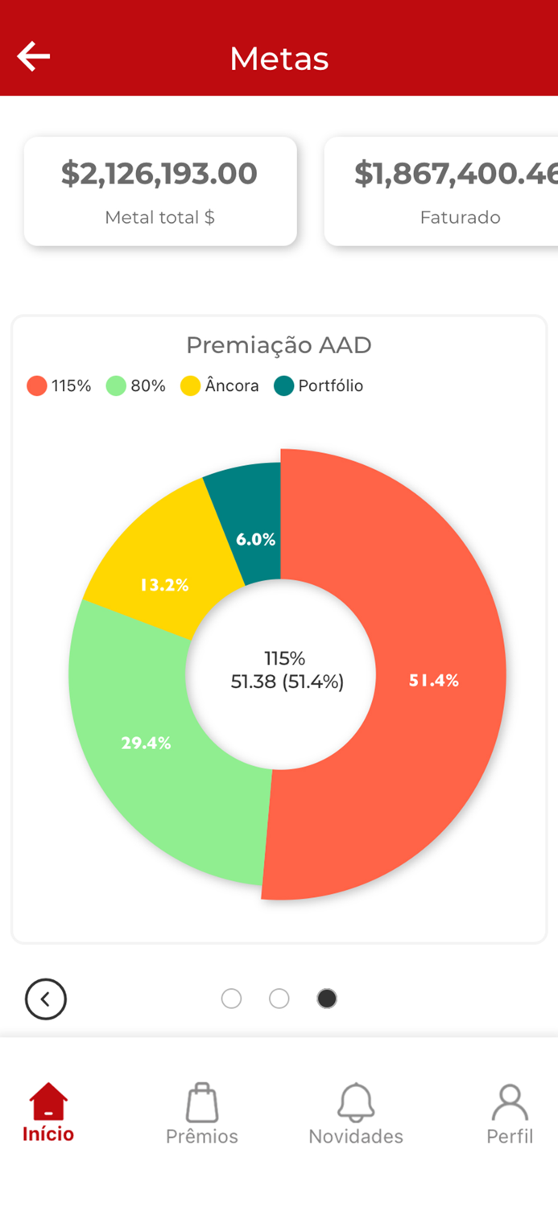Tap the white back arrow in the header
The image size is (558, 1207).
34,57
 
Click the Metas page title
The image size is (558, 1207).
279,59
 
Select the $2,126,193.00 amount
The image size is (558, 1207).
159,174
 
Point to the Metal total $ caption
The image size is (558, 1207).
159,217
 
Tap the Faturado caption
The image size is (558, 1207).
460,217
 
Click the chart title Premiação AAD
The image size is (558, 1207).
279,345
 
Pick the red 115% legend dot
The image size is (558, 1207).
37,386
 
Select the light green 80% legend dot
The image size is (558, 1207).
117,386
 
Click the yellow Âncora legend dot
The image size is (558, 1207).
190,386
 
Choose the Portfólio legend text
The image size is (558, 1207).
330,386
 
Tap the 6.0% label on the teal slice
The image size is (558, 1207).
256,540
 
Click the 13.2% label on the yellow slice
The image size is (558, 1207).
164,586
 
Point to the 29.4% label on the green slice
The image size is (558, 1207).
146,744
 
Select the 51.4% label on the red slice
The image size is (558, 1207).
434,681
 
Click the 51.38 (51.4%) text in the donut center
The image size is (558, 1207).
287,682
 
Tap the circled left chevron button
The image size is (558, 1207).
46,999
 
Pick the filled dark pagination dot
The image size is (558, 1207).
327,999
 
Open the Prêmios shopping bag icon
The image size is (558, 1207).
202,1102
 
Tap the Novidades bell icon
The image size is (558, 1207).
356,1102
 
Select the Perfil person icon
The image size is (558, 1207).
510,1102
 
